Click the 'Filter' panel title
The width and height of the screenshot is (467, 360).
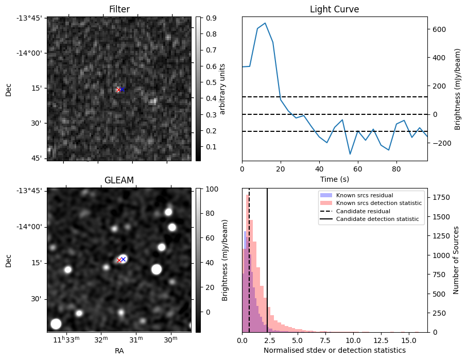119,9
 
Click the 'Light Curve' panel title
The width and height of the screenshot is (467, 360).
334,9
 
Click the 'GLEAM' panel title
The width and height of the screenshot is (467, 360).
119,180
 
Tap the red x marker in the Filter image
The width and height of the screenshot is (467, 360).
118,90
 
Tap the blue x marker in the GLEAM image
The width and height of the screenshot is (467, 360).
123,259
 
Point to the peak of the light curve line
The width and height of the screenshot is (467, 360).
265,23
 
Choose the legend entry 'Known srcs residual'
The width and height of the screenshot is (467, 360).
365,195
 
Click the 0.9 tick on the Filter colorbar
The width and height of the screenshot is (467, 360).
209,18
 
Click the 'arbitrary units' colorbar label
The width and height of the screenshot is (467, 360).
222,89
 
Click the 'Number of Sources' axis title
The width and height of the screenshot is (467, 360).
456,260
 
